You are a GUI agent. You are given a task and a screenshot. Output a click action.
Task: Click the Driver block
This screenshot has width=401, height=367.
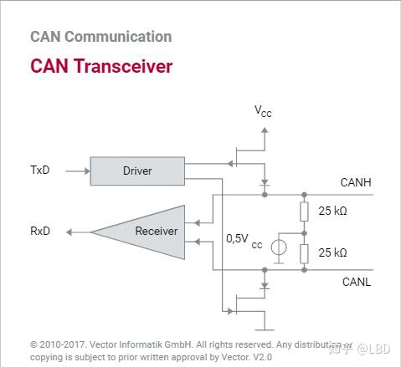pos(137,171)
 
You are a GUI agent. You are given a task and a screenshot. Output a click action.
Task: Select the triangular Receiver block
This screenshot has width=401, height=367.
pos(147,231)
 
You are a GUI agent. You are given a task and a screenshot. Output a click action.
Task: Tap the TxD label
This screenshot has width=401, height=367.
pos(39,171)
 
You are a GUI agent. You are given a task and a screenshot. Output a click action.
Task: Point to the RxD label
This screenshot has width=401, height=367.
pos(40,231)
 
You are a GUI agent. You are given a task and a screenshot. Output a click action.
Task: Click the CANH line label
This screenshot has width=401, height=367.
pos(355,182)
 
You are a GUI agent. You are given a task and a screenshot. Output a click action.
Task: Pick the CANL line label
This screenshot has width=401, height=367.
pos(356,282)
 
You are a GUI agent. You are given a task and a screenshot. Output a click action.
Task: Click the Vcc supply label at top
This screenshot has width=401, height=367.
pos(264,110)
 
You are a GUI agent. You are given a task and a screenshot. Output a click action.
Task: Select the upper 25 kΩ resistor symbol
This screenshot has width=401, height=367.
pos(304,212)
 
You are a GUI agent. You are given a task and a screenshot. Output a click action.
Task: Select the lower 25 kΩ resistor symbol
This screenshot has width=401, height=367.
pos(304,252)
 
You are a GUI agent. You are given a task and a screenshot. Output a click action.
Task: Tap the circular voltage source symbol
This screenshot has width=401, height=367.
pos(280,249)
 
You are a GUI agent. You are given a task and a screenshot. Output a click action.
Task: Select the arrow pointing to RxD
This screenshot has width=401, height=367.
pos(76,232)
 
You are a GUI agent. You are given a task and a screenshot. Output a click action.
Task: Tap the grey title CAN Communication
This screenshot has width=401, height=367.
pos(100,37)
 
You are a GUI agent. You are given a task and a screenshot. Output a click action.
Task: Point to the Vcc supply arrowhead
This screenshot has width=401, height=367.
pos(265,130)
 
